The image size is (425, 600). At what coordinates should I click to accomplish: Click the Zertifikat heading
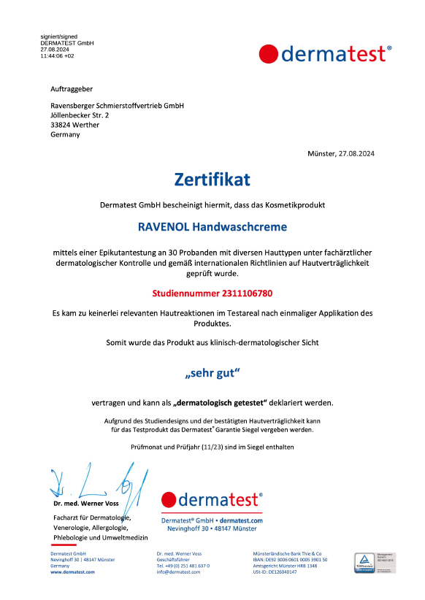tap(212, 179)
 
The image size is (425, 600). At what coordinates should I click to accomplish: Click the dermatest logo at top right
tap(326, 54)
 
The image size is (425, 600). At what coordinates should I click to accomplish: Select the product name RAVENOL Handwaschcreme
tap(212, 227)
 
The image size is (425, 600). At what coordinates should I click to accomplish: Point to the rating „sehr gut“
tap(212, 374)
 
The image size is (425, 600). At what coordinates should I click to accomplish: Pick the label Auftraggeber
tap(72, 88)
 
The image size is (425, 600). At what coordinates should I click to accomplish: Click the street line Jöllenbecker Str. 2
tap(80, 115)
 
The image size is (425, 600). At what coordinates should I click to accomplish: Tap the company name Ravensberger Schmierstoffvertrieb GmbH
tap(117, 106)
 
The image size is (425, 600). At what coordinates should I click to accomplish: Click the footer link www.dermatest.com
tap(72, 572)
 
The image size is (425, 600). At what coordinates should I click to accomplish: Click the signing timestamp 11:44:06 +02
tap(57, 55)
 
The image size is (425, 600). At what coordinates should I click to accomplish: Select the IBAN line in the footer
tap(290, 560)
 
